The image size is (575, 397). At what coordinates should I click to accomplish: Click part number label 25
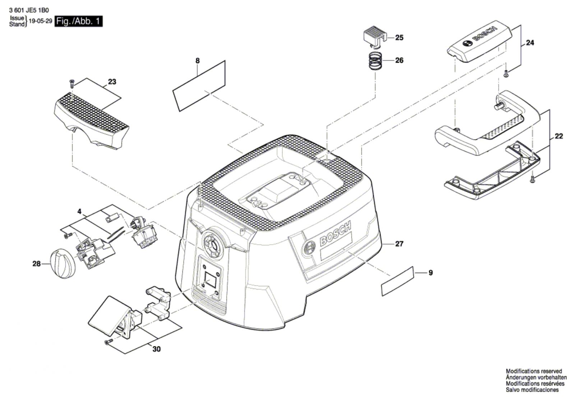point(399,37)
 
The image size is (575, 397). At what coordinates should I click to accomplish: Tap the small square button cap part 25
point(374,37)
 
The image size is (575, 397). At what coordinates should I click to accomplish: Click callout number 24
point(530,43)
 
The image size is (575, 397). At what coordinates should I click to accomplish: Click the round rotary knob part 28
point(61,264)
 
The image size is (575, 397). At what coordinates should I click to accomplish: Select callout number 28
point(36,264)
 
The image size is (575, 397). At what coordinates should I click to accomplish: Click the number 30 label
point(156,349)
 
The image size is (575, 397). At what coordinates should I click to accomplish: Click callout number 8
point(197,61)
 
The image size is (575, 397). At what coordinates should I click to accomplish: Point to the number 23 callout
point(112,82)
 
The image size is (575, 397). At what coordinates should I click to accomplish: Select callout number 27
point(399,244)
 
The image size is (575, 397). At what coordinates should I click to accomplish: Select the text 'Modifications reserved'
point(534,371)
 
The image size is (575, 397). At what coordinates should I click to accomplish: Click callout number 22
point(558,136)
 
